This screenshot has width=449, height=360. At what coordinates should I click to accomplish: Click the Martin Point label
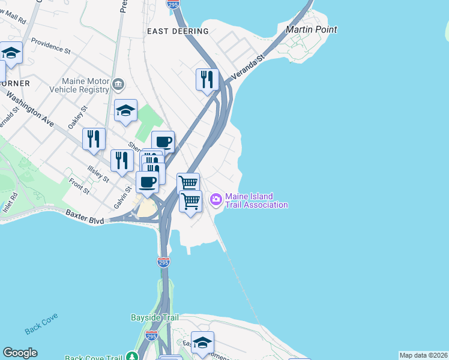[311, 29]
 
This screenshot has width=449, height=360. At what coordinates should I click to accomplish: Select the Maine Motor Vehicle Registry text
[86, 85]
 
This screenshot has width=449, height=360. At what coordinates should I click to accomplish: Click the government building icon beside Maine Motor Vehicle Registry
[119, 84]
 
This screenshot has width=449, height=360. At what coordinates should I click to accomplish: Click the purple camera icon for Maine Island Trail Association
[215, 199]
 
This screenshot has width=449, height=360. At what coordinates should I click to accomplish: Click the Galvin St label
[122, 197]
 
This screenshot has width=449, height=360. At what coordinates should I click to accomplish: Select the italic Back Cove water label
[40, 329]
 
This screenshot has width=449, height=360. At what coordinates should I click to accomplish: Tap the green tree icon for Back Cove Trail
[132, 356]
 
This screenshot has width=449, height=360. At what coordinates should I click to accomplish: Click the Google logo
[20, 353]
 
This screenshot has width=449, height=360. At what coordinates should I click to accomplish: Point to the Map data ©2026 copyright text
[423, 355]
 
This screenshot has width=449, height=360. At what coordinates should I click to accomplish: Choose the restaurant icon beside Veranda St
[207, 79]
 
